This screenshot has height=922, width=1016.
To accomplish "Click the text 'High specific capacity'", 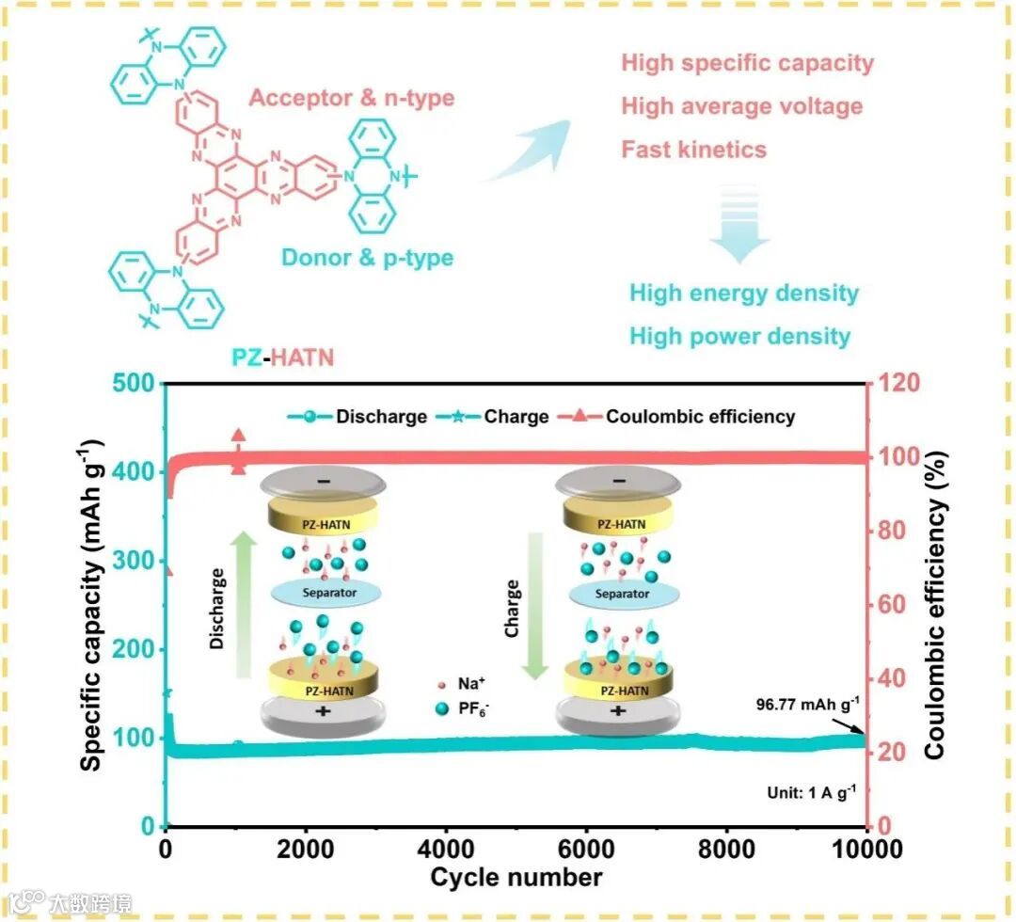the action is coord(748,64).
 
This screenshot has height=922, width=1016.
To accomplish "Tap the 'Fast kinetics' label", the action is coord(694,150).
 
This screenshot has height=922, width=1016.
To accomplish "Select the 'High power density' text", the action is coord(740,336).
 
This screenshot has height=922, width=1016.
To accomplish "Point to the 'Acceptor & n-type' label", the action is coord(353,98).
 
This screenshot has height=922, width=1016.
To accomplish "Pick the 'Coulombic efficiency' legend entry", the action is coord(701,416).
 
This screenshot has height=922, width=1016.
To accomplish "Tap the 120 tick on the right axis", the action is coord(901,384).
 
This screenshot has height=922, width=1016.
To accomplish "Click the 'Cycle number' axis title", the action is coord(516,878).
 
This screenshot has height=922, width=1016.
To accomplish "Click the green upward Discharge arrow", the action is coord(242,603).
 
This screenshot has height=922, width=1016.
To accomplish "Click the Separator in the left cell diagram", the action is coord(323,593).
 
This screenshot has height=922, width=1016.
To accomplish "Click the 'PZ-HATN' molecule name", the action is coord(282,358).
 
